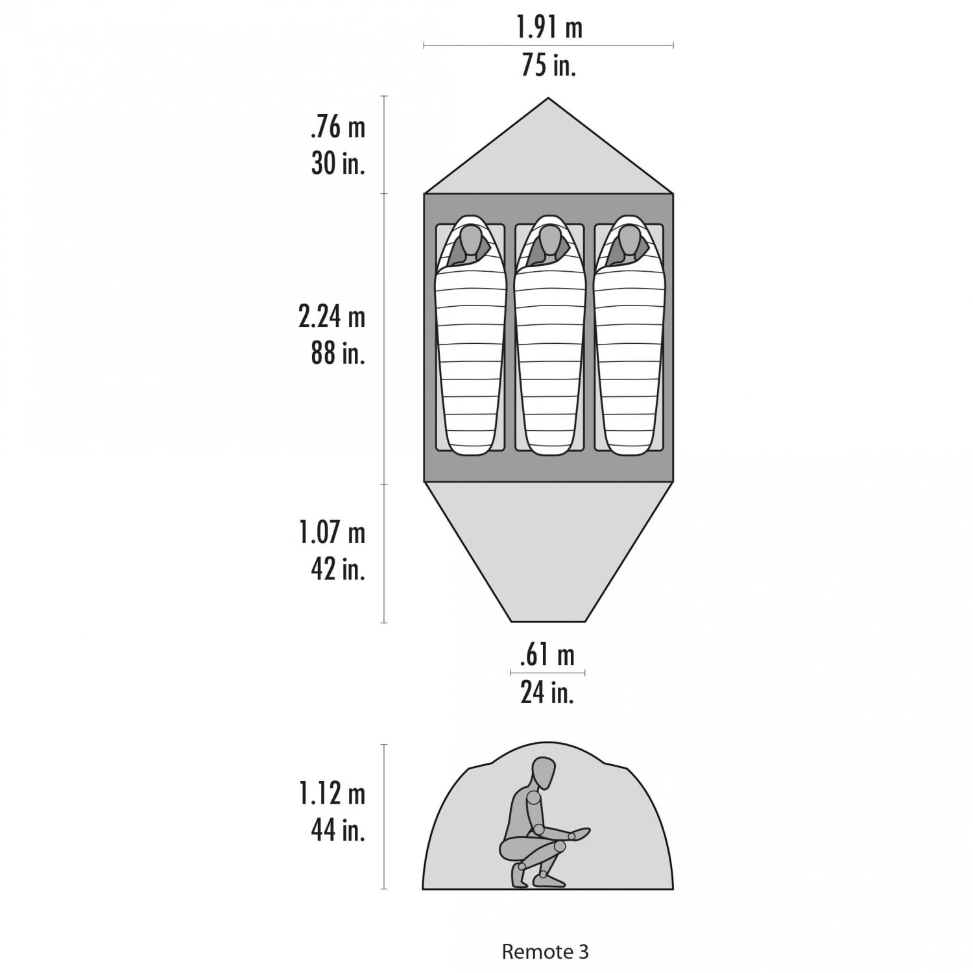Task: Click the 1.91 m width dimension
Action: pyautogui.click(x=549, y=27)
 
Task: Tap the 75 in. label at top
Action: pyautogui.click(x=549, y=65)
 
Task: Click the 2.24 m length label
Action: pyautogui.click(x=332, y=317)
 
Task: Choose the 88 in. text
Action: pyautogui.click(x=338, y=353)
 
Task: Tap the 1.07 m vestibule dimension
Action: pyautogui.click(x=332, y=533)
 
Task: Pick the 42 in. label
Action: pyautogui.click(x=338, y=568)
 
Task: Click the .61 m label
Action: pyautogui.click(x=547, y=655)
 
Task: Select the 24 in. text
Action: pyautogui.click(x=547, y=692)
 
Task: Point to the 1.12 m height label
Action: pyautogui.click(x=332, y=793)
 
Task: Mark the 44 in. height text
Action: pyautogui.click(x=338, y=829)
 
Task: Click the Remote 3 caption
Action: pyautogui.click(x=545, y=952)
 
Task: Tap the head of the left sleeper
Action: pyautogui.click(x=470, y=239)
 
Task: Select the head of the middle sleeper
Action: pyautogui.click(x=549, y=239)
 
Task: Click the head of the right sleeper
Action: pyautogui.click(x=629, y=239)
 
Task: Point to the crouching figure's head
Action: pyautogui.click(x=544, y=772)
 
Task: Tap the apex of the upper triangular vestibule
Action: pyautogui.click(x=549, y=99)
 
